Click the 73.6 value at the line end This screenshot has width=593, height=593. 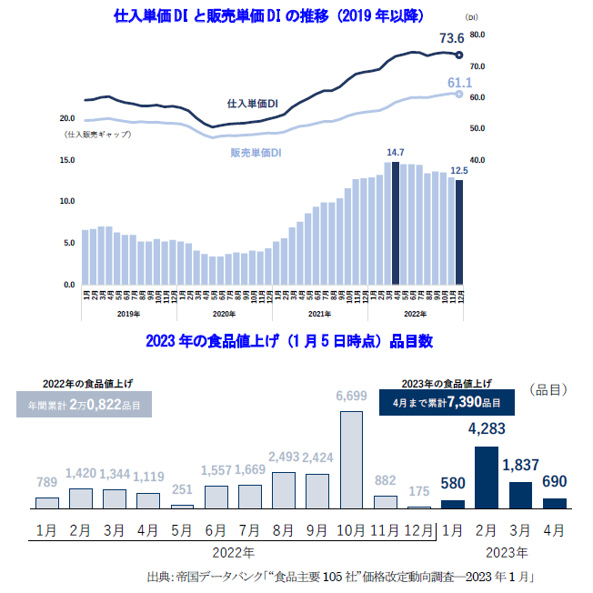click(451, 38)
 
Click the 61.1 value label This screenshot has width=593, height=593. click(459, 83)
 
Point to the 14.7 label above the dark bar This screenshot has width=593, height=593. click(395, 152)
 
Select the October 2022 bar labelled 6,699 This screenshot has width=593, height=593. click(351, 459)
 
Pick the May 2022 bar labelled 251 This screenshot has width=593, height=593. click(182, 506)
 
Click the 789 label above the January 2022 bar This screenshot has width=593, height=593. click(47, 481)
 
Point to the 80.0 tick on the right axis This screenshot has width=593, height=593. click(479, 35)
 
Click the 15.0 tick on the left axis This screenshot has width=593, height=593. click(66, 160)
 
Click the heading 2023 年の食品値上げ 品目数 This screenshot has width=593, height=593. click(288, 342)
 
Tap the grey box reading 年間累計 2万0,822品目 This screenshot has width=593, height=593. click(88, 405)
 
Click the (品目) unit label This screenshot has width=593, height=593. click(548, 389)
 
